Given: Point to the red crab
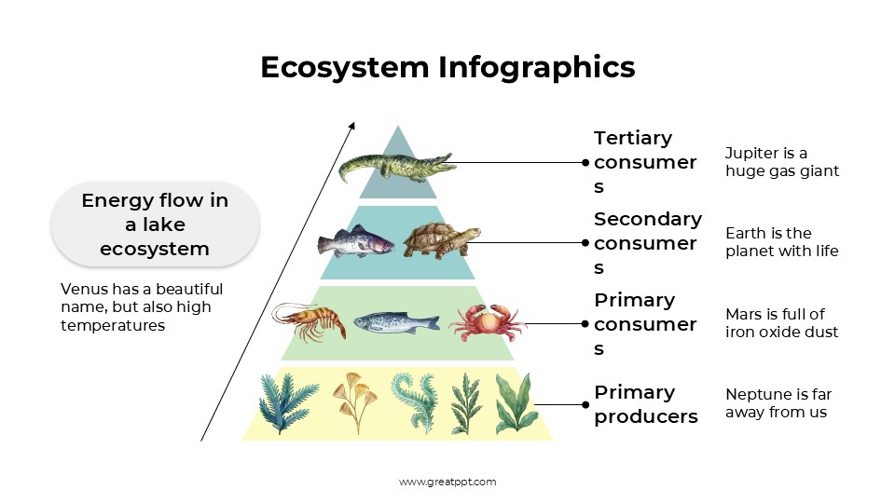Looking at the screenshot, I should pyautogui.click(x=486, y=322).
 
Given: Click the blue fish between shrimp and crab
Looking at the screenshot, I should pyautogui.click(x=395, y=321).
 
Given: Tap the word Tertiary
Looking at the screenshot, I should pyautogui.click(x=633, y=138).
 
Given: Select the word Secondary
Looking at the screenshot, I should pyautogui.click(x=647, y=219).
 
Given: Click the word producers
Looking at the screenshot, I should pyautogui.click(x=645, y=416).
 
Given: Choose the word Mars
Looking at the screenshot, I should pyautogui.click(x=744, y=314).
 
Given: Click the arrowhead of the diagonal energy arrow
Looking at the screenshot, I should pyautogui.click(x=352, y=125).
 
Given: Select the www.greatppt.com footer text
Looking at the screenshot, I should pyautogui.click(x=447, y=482).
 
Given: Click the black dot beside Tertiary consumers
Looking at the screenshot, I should pyautogui.click(x=585, y=162).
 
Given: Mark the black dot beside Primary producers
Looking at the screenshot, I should pyautogui.click(x=585, y=404).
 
